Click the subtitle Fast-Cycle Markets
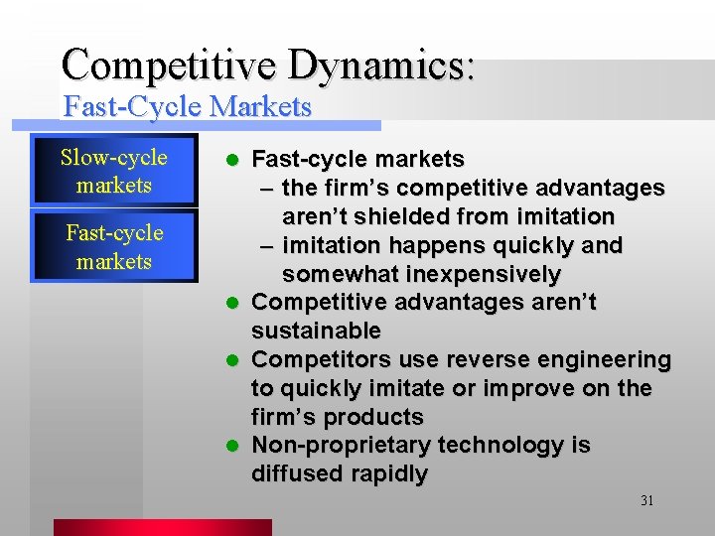coord(188,107)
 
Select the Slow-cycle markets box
coord(114,172)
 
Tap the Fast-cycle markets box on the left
coord(114,247)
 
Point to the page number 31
coord(646,501)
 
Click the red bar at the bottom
coord(162,527)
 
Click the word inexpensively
coord(492,274)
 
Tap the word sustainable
coord(316,331)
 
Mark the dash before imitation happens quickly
coord(267,245)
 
